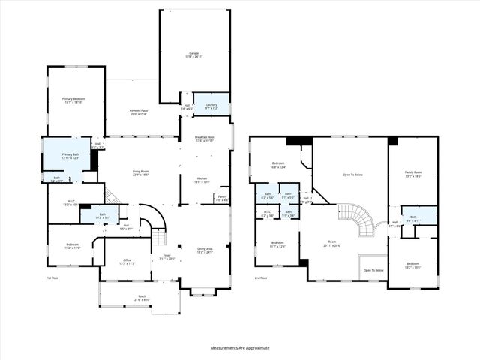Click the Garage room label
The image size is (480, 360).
(x=194, y=55)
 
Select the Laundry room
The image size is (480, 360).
(x=211, y=107)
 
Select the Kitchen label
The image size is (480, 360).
(x=202, y=179)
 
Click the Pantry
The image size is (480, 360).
(x=221, y=199)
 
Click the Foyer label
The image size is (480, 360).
(x=167, y=256)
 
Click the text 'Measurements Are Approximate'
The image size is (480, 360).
(x=239, y=348)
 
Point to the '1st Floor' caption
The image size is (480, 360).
(x=53, y=277)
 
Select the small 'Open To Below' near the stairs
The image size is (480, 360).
(x=373, y=270)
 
